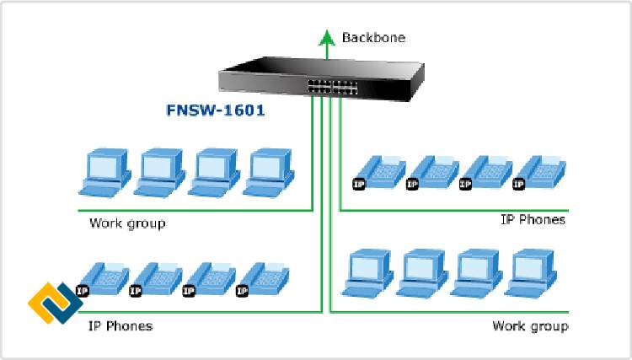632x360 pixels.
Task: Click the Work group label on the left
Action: tap(127, 223)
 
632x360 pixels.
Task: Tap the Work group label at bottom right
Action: tap(529, 325)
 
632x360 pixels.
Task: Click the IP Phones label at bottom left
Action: tap(121, 325)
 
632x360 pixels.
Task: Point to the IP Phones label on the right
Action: tap(533, 220)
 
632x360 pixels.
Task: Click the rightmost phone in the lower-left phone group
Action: tap(264, 279)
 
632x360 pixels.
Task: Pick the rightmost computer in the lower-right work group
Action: tap(533, 274)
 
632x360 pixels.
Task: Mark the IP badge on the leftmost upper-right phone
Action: tap(358, 183)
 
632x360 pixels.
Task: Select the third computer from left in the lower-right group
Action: tap(478, 274)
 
